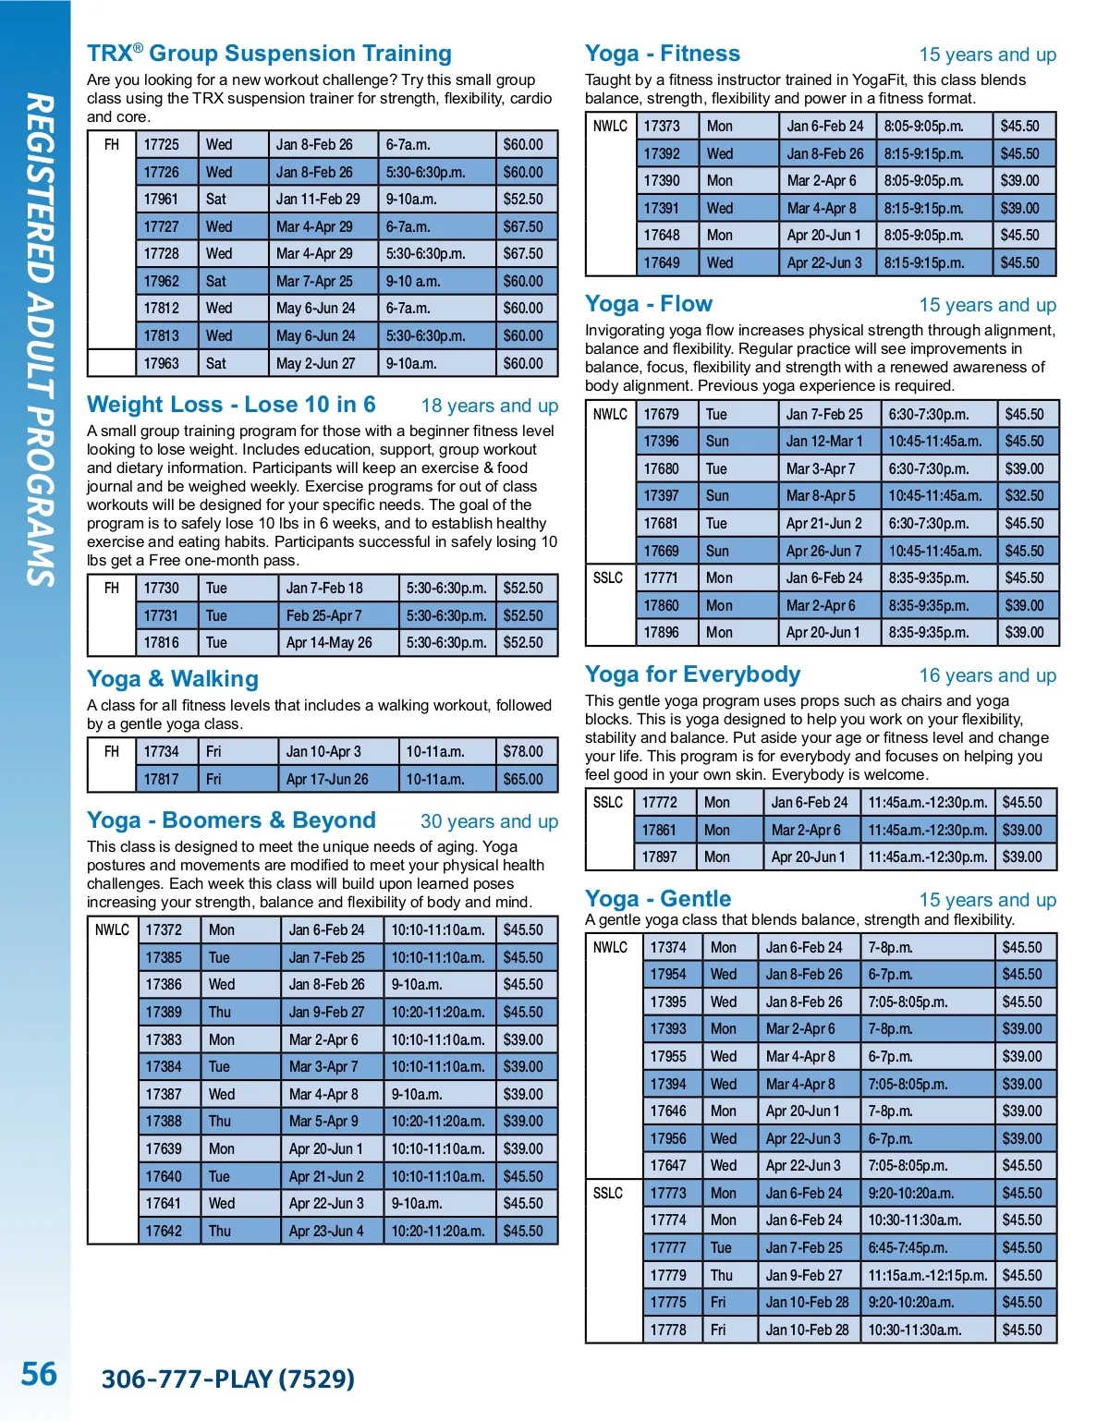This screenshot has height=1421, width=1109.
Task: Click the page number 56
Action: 39,1374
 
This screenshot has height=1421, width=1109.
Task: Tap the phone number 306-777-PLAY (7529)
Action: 227,1378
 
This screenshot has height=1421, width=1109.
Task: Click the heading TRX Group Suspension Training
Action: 269,54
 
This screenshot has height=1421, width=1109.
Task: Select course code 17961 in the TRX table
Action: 161,199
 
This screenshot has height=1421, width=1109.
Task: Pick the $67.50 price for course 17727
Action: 523,226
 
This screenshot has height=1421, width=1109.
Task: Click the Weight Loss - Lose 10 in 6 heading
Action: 231,405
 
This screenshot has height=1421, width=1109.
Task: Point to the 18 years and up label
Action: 489,406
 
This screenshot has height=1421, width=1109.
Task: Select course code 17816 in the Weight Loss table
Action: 161,642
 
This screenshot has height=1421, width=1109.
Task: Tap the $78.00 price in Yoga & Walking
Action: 523,751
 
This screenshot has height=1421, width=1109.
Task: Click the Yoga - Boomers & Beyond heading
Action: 231,820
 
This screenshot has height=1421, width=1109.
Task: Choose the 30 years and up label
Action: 489,821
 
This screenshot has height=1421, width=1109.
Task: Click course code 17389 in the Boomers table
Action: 164,1012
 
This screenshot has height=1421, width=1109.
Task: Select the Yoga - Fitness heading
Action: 662,54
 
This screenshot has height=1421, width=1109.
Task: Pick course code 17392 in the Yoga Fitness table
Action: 662,153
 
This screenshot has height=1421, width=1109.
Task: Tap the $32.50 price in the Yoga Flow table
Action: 1024,495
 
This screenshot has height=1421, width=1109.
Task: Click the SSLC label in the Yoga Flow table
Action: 608,577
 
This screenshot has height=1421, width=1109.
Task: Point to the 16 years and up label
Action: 987,675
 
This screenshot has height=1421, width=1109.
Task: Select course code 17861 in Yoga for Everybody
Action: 659,830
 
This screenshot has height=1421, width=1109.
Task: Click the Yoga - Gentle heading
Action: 657,899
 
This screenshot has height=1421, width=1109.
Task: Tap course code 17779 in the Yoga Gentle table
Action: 667,1275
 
